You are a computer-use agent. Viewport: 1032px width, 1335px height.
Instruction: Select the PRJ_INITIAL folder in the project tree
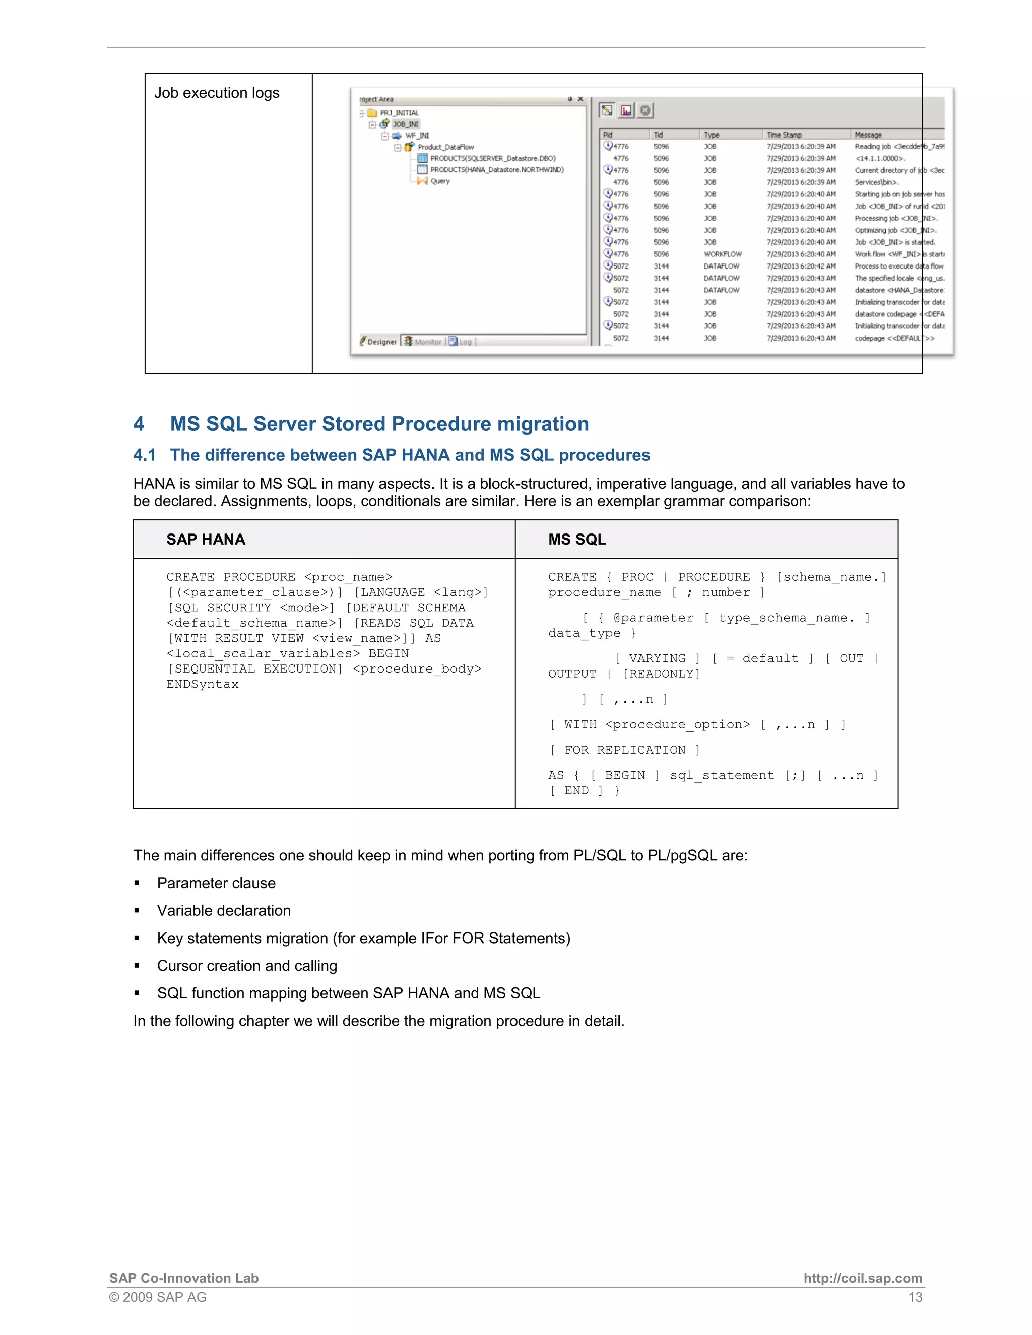coord(399,113)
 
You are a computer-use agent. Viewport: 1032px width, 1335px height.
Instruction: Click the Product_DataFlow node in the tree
coord(445,147)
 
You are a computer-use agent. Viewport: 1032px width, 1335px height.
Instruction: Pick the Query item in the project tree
coord(439,181)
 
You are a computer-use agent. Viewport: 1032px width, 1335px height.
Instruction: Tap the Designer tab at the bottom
coord(381,342)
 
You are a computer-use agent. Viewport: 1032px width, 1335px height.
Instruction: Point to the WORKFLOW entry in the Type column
coord(723,254)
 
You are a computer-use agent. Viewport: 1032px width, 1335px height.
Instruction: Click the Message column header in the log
coord(868,135)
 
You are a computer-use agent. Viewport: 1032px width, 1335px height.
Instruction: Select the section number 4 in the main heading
coord(139,424)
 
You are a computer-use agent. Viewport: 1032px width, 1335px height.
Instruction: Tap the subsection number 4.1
coord(144,455)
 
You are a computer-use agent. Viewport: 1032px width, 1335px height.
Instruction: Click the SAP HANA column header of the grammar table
coord(206,539)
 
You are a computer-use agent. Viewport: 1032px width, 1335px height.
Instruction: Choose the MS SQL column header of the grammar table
coord(576,539)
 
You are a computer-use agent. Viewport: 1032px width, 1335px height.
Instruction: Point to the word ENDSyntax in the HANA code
coord(203,684)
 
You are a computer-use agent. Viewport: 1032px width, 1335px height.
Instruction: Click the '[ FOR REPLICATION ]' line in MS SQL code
coord(624,750)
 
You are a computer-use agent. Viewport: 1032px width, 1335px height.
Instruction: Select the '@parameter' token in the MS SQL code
coord(653,618)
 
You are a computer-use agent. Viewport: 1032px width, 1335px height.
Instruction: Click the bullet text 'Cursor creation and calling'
coord(247,966)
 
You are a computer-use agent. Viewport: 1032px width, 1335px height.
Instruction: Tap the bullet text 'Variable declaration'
coord(224,911)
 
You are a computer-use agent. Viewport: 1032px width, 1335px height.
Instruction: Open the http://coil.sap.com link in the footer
coord(862,1278)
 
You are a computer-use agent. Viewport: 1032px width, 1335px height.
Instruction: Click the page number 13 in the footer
coord(915,1297)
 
